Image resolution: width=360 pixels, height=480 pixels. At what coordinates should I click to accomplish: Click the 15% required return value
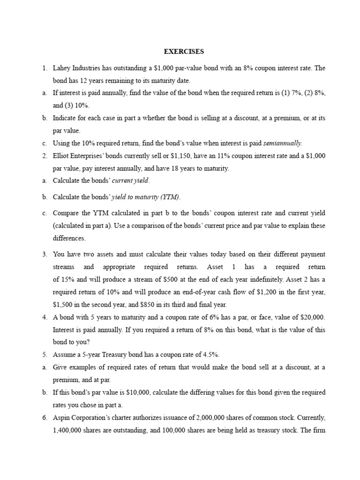click(64, 279)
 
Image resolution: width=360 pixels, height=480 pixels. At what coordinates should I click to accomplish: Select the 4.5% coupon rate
click(204, 354)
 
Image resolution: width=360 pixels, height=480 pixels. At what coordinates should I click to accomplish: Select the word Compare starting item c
click(67, 213)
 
